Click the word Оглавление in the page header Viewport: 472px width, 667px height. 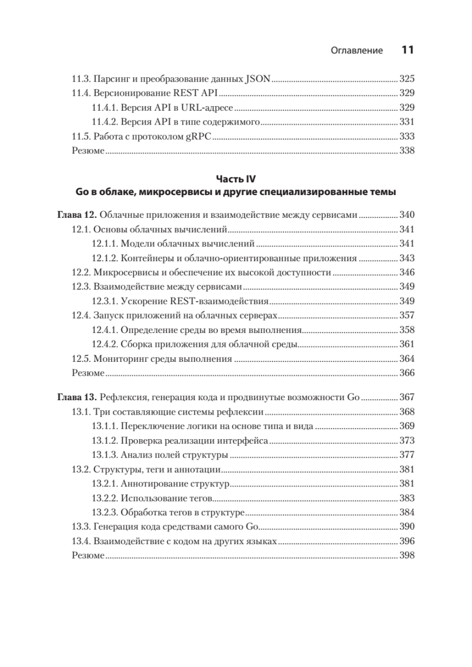click(356, 51)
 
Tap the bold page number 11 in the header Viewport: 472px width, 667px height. click(408, 50)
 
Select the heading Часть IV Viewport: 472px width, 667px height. click(236, 179)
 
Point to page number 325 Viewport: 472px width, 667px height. click(408, 78)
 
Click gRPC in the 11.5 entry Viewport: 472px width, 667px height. click(202, 136)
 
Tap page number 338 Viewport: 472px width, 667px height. click(408, 151)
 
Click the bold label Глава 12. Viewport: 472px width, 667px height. click(78, 215)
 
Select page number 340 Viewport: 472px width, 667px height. click(408, 215)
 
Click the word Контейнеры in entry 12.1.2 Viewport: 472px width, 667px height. click(143, 258)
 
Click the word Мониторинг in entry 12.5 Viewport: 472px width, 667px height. click(116, 359)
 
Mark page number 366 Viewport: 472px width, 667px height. click(408, 373)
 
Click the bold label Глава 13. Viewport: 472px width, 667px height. click(78, 397)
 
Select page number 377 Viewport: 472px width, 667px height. click(408, 455)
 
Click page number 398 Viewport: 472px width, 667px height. click(408, 555)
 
